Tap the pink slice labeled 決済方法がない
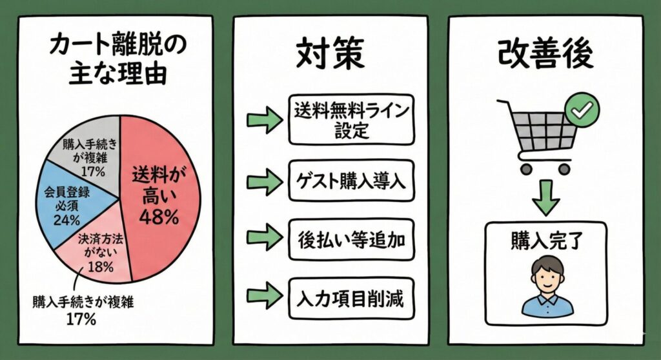(x=97, y=252)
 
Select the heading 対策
(x=329, y=55)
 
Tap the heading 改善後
(x=545, y=55)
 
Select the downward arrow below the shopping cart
(x=545, y=197)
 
